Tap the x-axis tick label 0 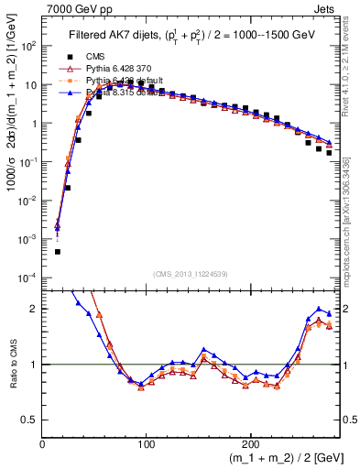(x=42, y=443)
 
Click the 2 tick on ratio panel (x=34, y=309)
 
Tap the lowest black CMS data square (x=57, y=251)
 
